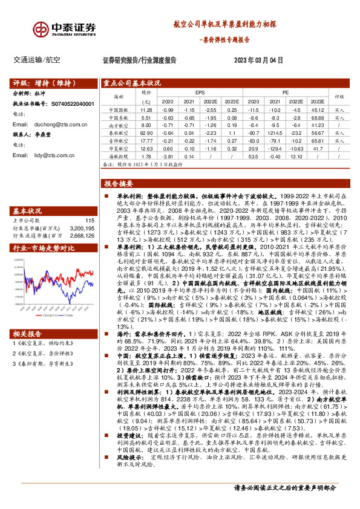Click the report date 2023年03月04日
tap(258, 60)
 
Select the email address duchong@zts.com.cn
tap(54, 124)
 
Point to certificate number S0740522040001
tap(73, 104)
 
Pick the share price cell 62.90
tap(146, 131)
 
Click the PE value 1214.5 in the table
tap(275, 131)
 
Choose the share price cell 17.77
tap(146, 140)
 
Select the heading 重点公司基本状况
tap(131, 83)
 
